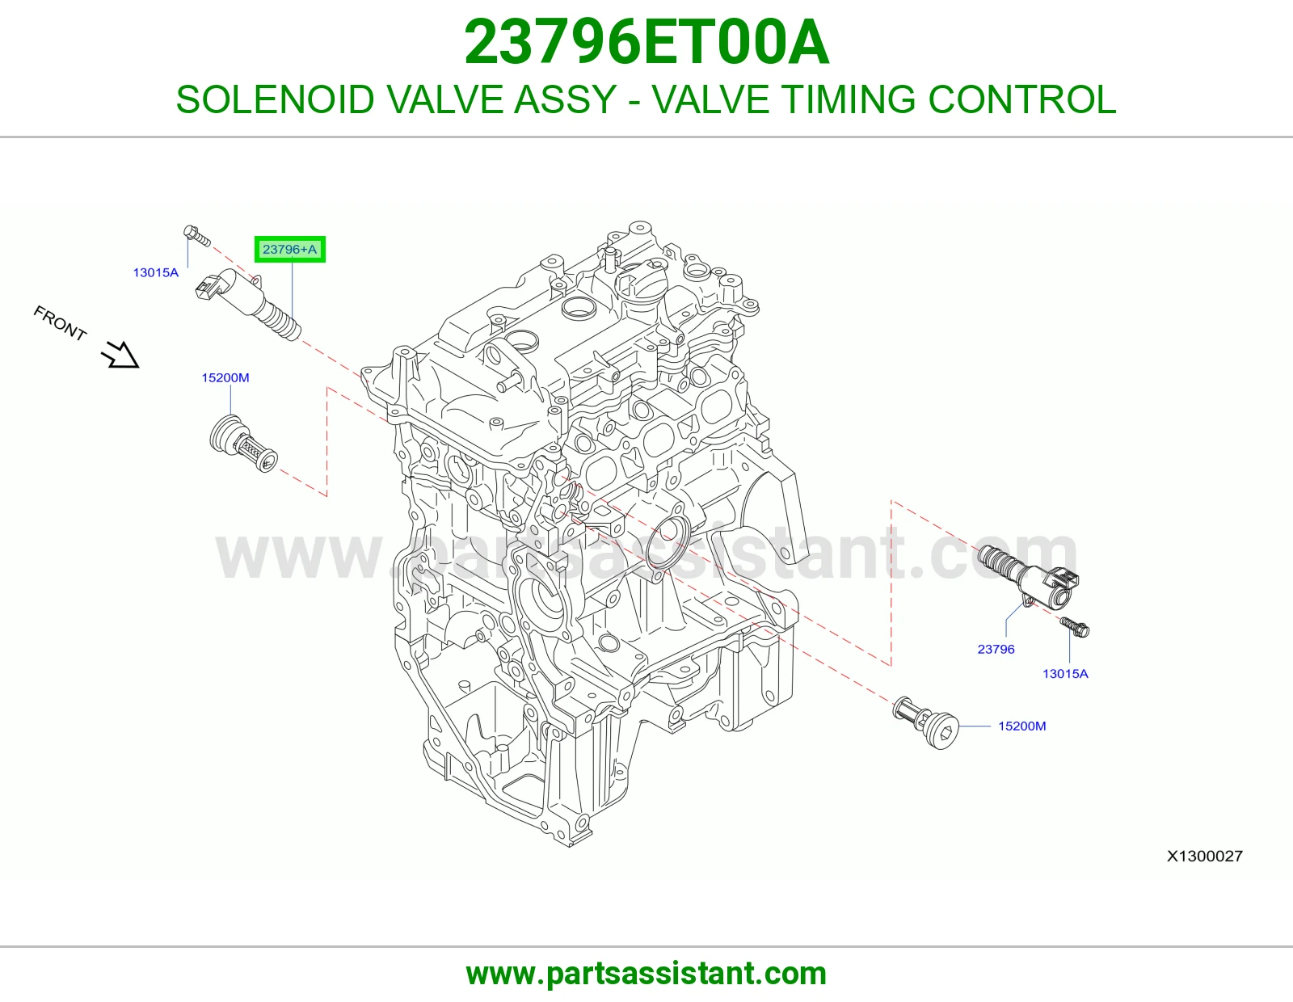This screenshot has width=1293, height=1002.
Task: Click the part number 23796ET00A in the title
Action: point(646,43)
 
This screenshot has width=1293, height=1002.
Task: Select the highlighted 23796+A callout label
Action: point(290,250)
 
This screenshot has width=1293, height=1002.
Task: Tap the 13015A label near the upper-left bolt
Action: point(155,272)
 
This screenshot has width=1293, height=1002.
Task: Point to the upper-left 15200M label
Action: point(225,378)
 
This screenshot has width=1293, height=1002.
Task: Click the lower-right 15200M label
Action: point(1021,726)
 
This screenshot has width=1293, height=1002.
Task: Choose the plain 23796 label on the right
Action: point(996,649)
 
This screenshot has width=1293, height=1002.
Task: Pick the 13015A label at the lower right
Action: point(1065,674)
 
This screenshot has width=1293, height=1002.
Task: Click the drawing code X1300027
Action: point(1204,856)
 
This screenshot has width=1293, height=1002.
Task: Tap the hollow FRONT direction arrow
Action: point(121,355)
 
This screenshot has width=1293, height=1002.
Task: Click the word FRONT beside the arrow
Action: point(60,323)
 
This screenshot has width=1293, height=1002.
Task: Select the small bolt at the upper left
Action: point(197,236)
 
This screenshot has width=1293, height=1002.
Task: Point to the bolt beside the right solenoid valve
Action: point(1075,627)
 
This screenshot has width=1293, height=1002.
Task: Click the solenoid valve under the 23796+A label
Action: point(248,304)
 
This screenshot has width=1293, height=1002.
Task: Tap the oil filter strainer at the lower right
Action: point(926,722)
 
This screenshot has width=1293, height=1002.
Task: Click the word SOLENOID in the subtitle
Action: point(275,99)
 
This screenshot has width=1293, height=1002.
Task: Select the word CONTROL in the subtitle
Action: point(1021,99)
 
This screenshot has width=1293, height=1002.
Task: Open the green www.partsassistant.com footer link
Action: point(646,974)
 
